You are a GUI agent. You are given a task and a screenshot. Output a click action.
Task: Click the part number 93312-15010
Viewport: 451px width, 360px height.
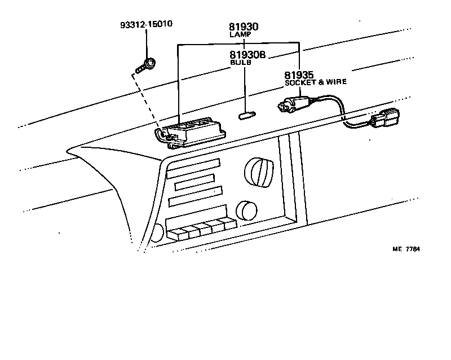pyautogui.click(x=146, y=25)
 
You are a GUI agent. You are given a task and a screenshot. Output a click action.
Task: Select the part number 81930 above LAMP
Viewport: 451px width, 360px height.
pyautogui.click(x=244, y=27)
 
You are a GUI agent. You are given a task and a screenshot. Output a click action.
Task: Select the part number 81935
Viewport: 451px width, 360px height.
pyautogui.click(x=299, y=75)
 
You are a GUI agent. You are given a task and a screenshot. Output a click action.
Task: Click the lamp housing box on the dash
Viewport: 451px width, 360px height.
pyautogui.click(x=192, y=132)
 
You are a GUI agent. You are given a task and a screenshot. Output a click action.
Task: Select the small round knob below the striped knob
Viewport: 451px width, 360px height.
pyautogui.click(x=245, y=210)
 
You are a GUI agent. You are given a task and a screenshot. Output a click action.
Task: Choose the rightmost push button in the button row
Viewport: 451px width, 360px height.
pyautogui.click(x=229, y=224)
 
